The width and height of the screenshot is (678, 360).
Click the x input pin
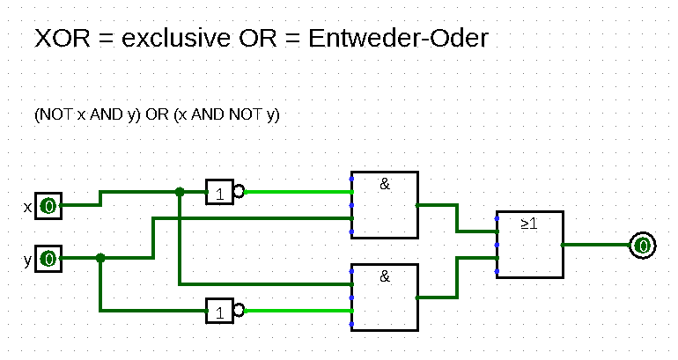click(x=48, y=206)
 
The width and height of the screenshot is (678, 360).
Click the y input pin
click(x=48, y=259)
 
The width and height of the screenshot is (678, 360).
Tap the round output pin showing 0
click(x=643, y=245)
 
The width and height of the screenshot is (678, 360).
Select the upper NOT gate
click(x=220, y=191)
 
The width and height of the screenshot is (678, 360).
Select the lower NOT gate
click(x=220, y=311)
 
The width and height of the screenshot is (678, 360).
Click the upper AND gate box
click(x=384, y=204)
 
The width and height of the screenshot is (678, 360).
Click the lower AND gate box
click(x=384, y=297)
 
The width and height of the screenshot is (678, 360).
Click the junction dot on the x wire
click(x=180, y=191)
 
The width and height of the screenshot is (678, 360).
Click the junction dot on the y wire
click(x=100, y=258)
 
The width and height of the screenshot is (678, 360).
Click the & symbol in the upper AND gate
click(x=385, y=184)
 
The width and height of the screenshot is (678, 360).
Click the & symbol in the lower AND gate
click(x=385, y=276)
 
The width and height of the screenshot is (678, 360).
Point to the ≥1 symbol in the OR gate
click(x=529, y=224)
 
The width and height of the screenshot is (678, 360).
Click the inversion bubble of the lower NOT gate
click(x=239, y=311)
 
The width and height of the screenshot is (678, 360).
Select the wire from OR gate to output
click(x=595, y=245)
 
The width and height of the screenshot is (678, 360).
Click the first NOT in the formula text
click(x=55, y=115)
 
